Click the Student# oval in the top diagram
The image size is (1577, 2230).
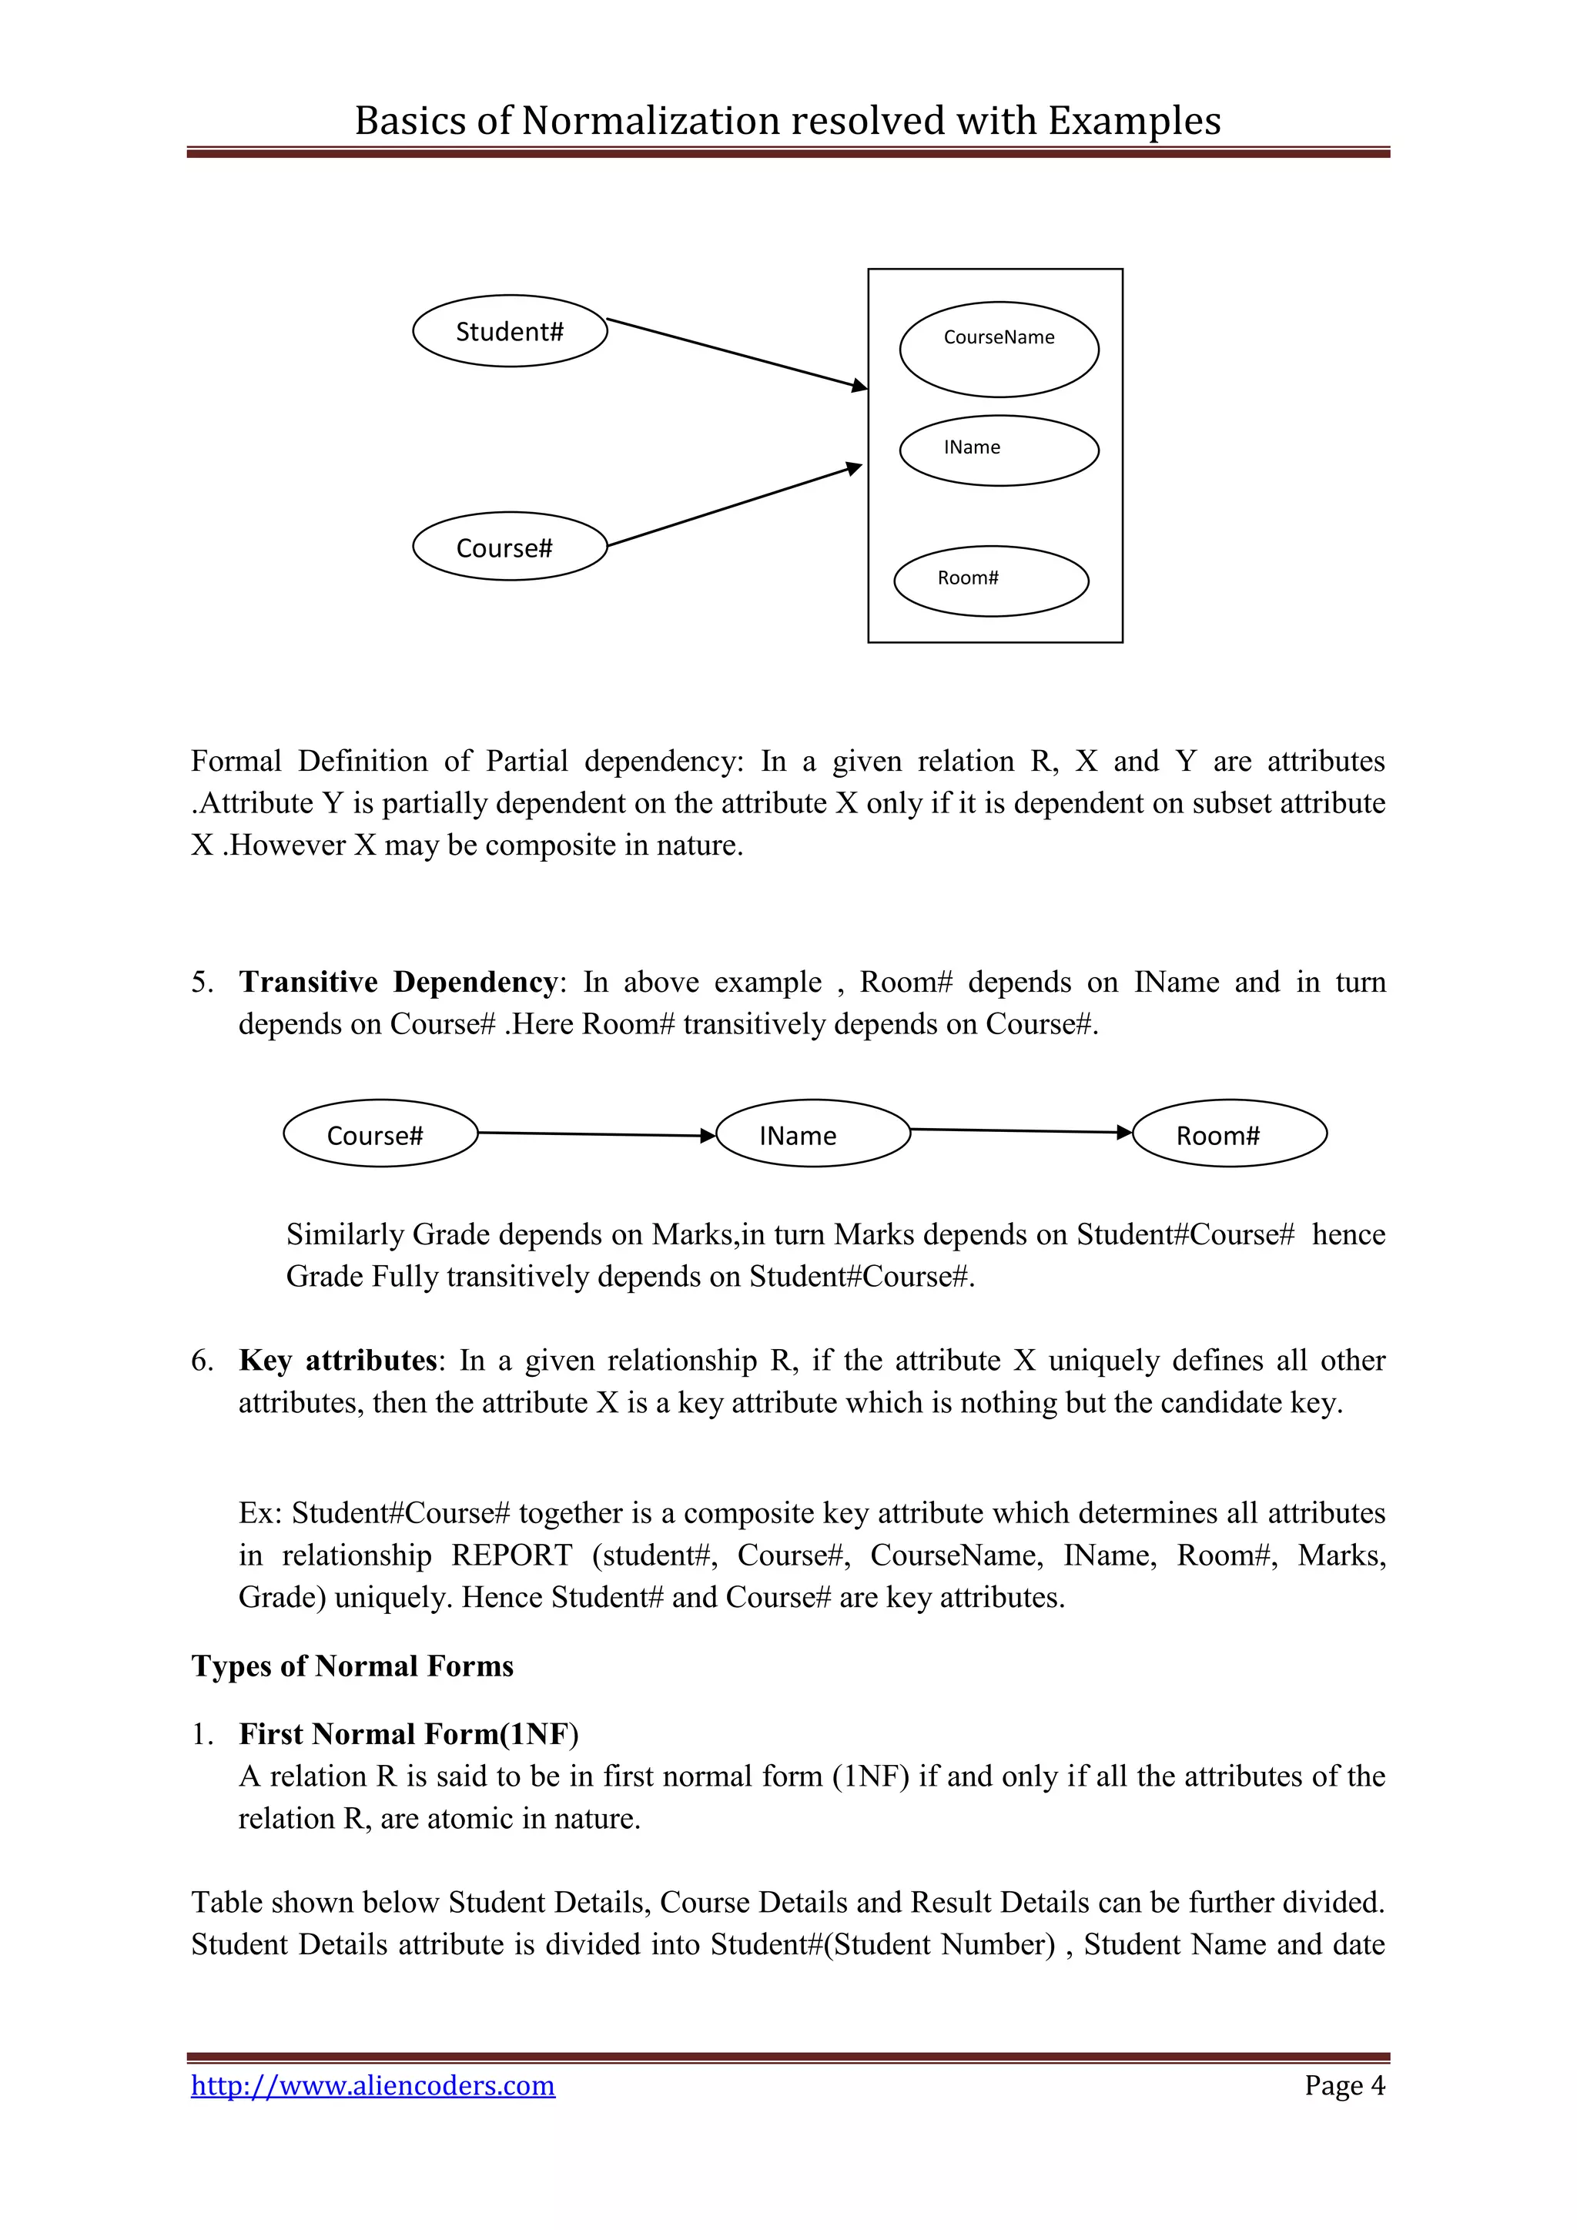(x=510, y=331)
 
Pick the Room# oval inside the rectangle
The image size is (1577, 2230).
(x=990, y=580)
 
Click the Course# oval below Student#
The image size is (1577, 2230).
(x=510, y=546)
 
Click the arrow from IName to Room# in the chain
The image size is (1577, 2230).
(x=1020, y=1130)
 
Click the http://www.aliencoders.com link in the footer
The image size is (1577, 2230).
(x=373, y=2085)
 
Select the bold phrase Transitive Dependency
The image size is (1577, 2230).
(x=398, y=982)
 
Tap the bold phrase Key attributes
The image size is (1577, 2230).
(x=338, y=1360)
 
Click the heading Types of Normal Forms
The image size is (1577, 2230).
(x=352, y=1666)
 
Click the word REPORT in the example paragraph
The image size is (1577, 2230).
(x=512, y=1555)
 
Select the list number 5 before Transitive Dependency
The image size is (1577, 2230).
(x=201, y=982)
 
